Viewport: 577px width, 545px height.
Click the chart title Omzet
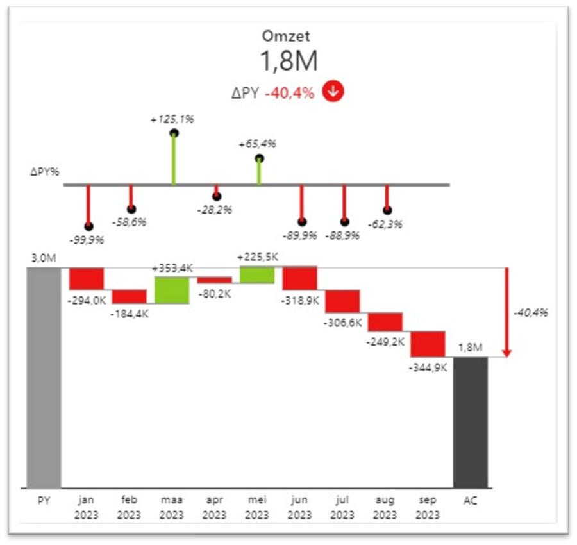pos(288,36)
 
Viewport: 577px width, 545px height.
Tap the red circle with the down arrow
pos(333,92)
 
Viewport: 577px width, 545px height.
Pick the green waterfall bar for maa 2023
pos(172,290)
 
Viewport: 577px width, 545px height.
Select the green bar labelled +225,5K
pos(257,274)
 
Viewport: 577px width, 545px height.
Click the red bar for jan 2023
pos(87,278)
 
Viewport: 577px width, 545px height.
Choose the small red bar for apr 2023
pos(214,280)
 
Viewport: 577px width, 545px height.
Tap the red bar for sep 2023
pos(428,344)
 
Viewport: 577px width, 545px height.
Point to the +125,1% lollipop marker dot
pos(174,133)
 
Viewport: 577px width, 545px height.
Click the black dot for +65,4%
pos(259,158)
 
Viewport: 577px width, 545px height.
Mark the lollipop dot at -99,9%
pos(88,226)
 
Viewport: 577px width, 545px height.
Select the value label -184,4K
pos(129,315)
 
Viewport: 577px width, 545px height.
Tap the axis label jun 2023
pos(299,507)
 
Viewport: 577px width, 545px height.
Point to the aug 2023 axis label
pos(385,507)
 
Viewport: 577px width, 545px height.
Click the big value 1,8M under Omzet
pos(288,62)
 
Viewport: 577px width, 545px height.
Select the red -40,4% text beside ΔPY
pos(290,93)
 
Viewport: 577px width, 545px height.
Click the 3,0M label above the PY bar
pos(44,258)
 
